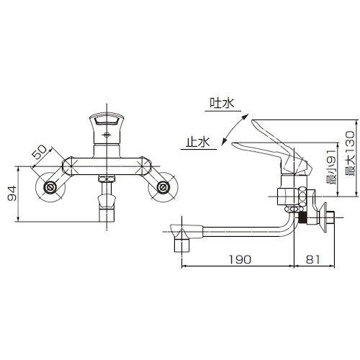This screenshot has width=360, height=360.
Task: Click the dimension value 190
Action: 240,259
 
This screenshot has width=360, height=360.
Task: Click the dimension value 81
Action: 313,259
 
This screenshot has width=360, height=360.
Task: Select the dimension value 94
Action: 12,193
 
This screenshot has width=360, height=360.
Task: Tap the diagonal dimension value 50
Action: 39,153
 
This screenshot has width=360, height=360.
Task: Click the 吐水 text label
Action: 222,103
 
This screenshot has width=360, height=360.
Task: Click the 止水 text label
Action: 198,142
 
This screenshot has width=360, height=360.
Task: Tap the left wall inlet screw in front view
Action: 50,187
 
